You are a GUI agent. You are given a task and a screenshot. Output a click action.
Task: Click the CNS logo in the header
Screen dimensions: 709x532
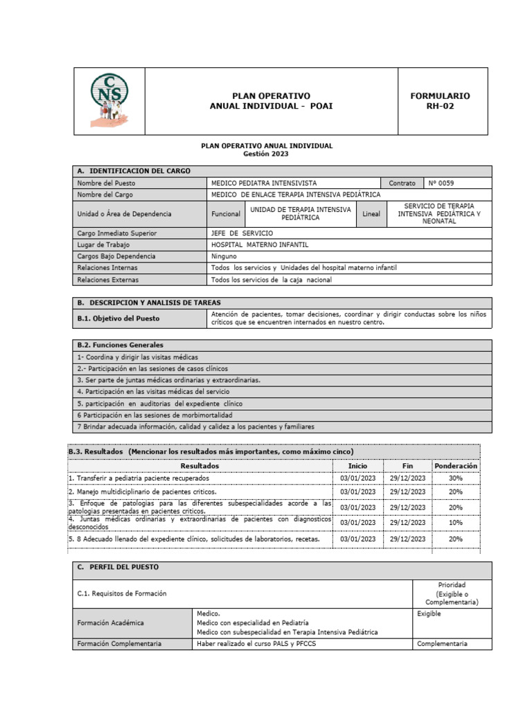(x=109, y=100)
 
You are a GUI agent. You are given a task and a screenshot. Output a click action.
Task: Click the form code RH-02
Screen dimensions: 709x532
(x=440, y=107)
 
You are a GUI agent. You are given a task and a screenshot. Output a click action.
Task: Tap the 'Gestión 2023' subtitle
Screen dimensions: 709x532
(x=266, y=154)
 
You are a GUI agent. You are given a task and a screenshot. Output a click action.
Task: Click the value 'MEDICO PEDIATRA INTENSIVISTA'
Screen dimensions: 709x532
(x=264, y=183)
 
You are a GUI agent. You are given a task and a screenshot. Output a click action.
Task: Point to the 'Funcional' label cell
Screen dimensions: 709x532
(x=226, y=214)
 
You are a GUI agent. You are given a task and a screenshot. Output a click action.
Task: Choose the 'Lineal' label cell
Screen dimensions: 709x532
(x=371, y=214)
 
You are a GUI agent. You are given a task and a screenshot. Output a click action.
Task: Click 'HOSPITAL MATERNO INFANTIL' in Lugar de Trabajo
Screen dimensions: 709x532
(x=260, y=245)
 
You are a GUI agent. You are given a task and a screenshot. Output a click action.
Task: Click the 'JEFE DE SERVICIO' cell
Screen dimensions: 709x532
(x=242, y=233)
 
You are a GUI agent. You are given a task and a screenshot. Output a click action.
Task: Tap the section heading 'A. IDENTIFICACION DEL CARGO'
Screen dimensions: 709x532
(x=135, y=171)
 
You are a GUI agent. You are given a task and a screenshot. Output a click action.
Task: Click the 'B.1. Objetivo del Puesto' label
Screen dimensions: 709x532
(x=118, y=318)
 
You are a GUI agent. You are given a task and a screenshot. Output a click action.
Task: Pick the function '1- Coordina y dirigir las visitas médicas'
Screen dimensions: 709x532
(x=128, y=357)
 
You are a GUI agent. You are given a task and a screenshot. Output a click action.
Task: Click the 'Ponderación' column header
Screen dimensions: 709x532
(x=455, y=466)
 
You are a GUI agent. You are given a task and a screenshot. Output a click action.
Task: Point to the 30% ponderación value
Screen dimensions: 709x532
(x=455, y=478)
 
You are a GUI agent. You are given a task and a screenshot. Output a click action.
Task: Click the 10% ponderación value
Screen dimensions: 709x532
(x=455, y=523)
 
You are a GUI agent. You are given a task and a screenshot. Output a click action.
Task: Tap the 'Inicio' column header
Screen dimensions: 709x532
(x=357, y=466)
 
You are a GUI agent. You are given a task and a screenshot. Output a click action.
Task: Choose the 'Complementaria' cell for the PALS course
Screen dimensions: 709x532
(x=442, y=643)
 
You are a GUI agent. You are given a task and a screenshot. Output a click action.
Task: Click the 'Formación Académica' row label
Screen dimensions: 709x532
(x=111, y=622)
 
